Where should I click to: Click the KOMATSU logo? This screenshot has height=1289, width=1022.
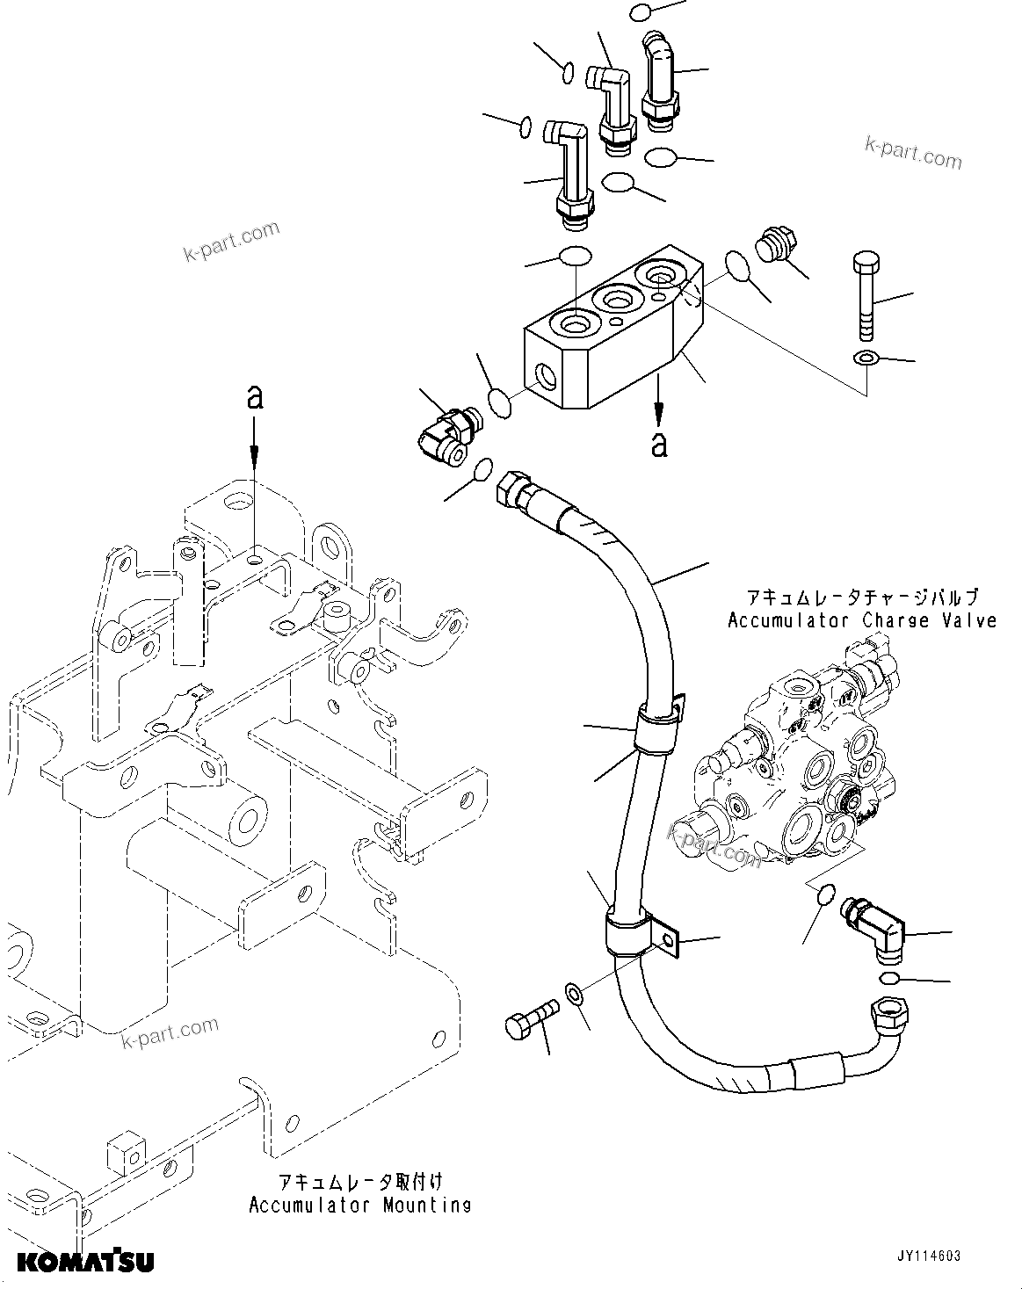point(85,1262)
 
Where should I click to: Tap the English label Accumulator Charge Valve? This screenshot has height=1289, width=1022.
point(862,620)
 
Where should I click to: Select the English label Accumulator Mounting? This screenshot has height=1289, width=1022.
point(359,1205)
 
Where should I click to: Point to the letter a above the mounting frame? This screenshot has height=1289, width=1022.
point(254,398)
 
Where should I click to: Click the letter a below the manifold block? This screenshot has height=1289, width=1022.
point(659,445)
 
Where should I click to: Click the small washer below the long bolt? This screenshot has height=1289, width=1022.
point(866,358)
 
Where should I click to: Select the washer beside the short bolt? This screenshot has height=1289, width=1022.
point(574,994)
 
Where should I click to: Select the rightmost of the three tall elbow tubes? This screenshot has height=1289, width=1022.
point(658,79)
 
